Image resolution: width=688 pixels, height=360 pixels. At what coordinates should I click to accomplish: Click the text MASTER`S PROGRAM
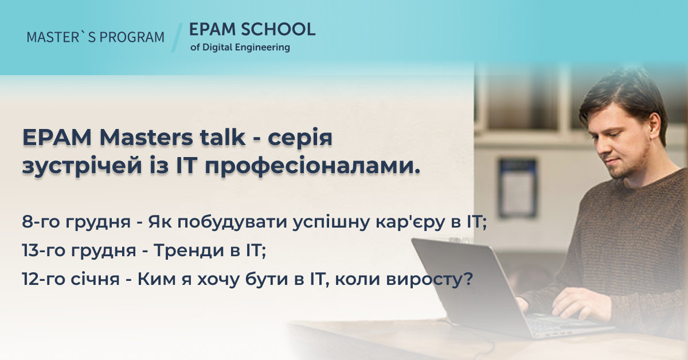click(96, 37)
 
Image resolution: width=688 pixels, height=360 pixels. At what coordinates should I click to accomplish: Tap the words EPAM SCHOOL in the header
click(252, 29)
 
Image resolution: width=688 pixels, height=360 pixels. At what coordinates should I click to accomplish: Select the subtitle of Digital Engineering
click(240, 48)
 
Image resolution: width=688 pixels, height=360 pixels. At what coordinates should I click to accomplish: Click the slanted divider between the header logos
click(177, 37)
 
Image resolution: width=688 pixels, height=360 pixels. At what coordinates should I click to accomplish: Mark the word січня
click(95, 279)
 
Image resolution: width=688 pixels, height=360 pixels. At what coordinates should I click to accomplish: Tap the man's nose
click(603, 147)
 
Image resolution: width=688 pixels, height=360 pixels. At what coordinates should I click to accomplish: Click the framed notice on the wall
click(518, 188)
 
